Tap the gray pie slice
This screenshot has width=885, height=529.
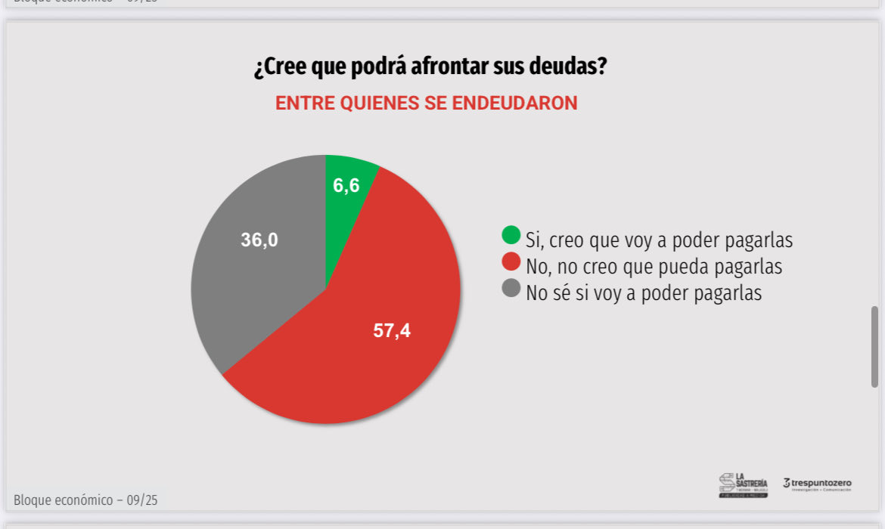(250, 272)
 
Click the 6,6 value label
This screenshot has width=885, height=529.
(346, 186)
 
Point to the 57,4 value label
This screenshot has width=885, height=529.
(392, 330)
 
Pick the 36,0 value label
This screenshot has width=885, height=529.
(259, 240)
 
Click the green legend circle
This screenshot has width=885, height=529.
(511, 235)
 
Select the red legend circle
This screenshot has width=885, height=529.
(511, 261)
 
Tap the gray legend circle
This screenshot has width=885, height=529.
(511, 288)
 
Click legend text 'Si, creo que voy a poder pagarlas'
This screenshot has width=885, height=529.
(659, 240)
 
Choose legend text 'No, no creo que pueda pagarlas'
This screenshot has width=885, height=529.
(654, 267)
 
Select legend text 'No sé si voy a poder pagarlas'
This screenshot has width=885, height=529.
(644, 293)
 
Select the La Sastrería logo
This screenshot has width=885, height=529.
(743, 485)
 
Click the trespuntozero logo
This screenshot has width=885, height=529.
(817, 484)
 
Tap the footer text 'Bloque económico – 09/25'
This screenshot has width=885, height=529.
(85, 500)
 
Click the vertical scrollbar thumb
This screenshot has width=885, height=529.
(874, 346)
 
